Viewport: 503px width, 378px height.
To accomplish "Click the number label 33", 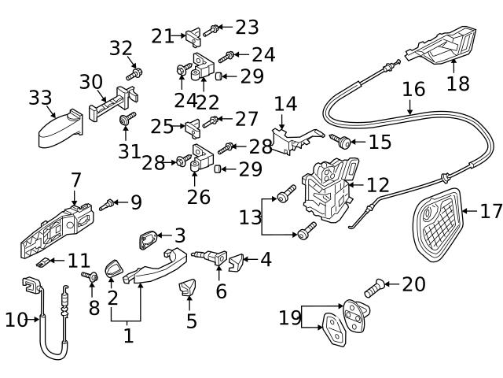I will tap(39, 98).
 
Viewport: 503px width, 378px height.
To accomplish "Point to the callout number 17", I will tap(490, 211).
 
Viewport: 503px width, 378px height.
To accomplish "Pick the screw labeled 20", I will tap(377, 284).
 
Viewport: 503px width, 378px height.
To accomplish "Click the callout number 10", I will tap(15, 319).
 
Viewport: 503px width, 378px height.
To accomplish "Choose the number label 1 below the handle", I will tap(127, 336).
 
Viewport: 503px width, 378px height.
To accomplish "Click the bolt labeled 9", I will tap(108, 204).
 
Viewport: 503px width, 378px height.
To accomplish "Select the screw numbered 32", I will tap(134, 72).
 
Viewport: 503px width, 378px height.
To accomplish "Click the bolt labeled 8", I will tap(90, 277).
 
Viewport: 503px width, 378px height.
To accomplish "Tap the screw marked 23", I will tap(211, 31).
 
